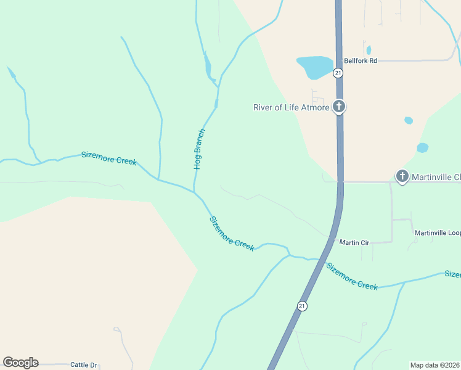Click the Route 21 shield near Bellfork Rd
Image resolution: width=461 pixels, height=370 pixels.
338,73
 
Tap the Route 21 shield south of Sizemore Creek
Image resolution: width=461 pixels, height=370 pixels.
301,306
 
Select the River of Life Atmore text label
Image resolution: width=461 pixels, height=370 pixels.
292,107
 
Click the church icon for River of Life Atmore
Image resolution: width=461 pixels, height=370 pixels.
338,107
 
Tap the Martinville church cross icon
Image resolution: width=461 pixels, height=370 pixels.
402,176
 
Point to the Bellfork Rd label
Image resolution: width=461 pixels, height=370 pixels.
361,60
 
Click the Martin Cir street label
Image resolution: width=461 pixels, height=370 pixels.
354,242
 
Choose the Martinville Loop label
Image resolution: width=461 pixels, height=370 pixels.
437,232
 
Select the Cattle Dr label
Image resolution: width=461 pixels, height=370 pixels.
84,364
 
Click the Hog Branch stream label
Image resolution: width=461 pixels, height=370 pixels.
198,149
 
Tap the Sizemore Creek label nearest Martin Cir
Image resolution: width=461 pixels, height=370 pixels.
351,276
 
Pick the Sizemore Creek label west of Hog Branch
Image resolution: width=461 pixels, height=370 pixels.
109,158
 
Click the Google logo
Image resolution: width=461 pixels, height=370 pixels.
20,363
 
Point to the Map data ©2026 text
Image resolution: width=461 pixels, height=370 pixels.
434,364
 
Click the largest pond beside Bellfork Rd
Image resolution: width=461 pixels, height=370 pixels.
314,67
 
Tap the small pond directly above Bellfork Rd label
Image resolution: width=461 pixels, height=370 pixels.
369,50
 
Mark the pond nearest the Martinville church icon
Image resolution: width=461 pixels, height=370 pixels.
422,148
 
